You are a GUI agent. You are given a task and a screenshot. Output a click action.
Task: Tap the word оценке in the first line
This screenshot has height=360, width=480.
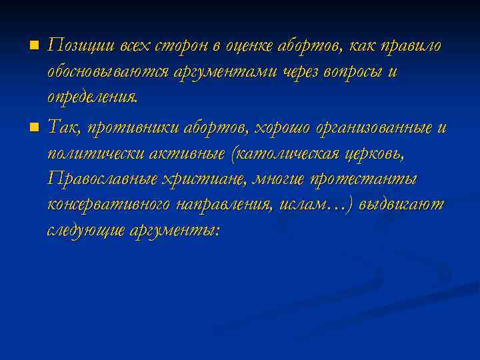tap(256, 45)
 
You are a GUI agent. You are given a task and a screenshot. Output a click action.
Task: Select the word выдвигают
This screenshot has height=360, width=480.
tap(401, 205)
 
